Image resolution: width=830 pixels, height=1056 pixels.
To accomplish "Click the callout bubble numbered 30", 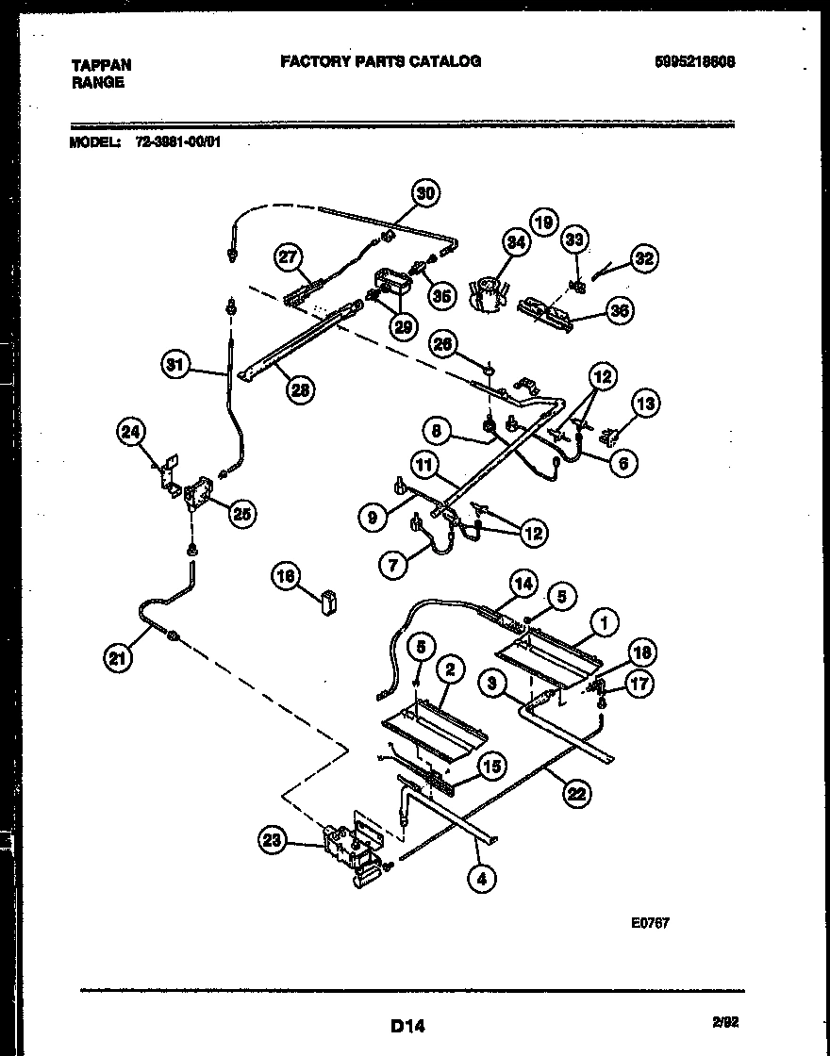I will tap(426, 193).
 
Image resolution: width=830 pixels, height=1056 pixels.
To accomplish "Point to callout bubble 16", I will tap(286, 575).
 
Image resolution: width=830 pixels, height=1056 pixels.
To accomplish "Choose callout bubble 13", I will tap(645, 405).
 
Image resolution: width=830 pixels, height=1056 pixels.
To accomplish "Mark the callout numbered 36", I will tap(619, 310).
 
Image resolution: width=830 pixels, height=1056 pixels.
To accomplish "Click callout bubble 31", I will tap(175, 365).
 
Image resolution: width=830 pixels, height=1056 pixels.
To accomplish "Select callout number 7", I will tap(394, 566).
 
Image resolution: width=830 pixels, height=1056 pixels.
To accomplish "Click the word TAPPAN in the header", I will tap(101, 65).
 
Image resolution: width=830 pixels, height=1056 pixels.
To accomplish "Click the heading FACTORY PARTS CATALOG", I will tap(380, 61).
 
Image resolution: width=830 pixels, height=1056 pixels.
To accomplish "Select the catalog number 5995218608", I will tap(694, 61).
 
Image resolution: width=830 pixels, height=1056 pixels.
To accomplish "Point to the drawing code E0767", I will tap(650, 923).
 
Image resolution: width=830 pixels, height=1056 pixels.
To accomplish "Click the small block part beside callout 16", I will tap(328, 601).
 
